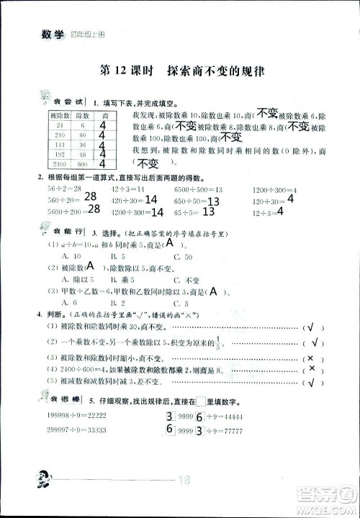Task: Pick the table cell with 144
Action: click(x=59, y=144)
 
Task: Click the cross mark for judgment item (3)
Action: click(x=310, y=358)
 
